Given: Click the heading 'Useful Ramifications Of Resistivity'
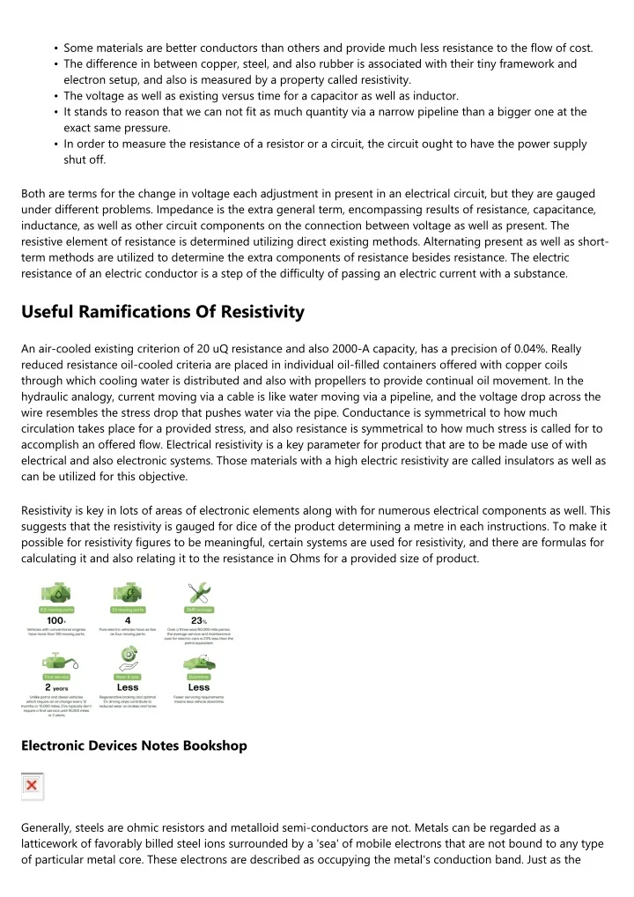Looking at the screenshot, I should [163, 311].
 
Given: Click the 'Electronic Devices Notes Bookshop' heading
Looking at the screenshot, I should [134, 745].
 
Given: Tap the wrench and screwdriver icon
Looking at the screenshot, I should [199, 592].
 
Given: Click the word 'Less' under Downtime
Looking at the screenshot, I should [199, 687].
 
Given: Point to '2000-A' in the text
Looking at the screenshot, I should [280, 348].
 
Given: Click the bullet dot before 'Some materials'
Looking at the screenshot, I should [55, 48].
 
